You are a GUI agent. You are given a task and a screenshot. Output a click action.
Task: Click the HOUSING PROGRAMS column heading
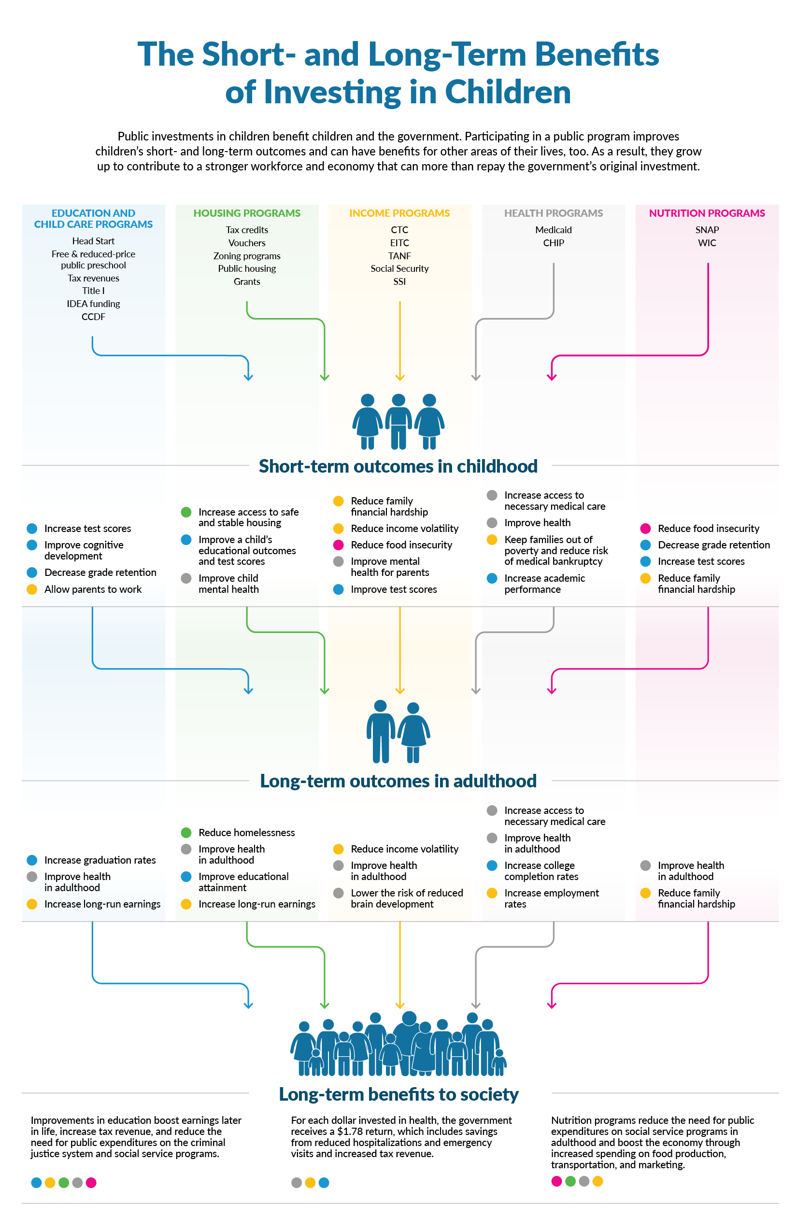[x=247, y=213]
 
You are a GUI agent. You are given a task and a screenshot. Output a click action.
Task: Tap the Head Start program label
[x=93, y=241]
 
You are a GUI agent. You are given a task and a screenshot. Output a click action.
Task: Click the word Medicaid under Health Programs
[x=553, y=230]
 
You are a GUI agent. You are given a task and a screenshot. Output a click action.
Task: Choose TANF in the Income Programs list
[x=399, y=255]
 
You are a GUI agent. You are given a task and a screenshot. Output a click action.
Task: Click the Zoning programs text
[x=247, y=255]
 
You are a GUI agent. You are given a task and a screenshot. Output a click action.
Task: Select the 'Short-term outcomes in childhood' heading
[x=398, y=466]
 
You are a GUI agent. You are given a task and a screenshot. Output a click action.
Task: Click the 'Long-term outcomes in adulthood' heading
[x=398, y=781]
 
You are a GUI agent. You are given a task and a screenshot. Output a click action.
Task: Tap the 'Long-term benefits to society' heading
[x=398, y=1094]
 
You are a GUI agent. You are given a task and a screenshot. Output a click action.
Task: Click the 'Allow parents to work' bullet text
[x=93, y=589]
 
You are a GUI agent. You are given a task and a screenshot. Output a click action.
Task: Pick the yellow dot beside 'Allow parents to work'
[x=32, y=589]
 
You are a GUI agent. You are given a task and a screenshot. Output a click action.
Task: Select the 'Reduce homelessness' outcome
[x=246, y=832]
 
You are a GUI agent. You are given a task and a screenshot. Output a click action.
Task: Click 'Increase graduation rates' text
[x=100, y=860]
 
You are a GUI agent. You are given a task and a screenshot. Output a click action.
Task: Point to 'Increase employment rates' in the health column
[x=551, y=898]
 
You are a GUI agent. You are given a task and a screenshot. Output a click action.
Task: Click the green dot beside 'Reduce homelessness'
[x=186, y=832]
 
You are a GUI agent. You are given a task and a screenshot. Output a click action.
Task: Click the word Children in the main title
[x=507, y=92]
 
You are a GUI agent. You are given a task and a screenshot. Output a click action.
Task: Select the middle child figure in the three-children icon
[x=398, y=421]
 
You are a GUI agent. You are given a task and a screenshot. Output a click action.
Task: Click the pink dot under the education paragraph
[x=91, y=1182]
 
